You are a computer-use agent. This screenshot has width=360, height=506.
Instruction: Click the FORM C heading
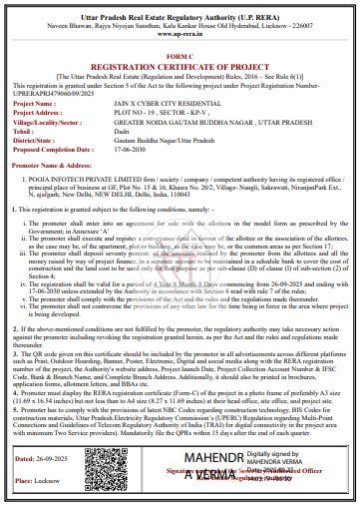(x=180, y=57)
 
